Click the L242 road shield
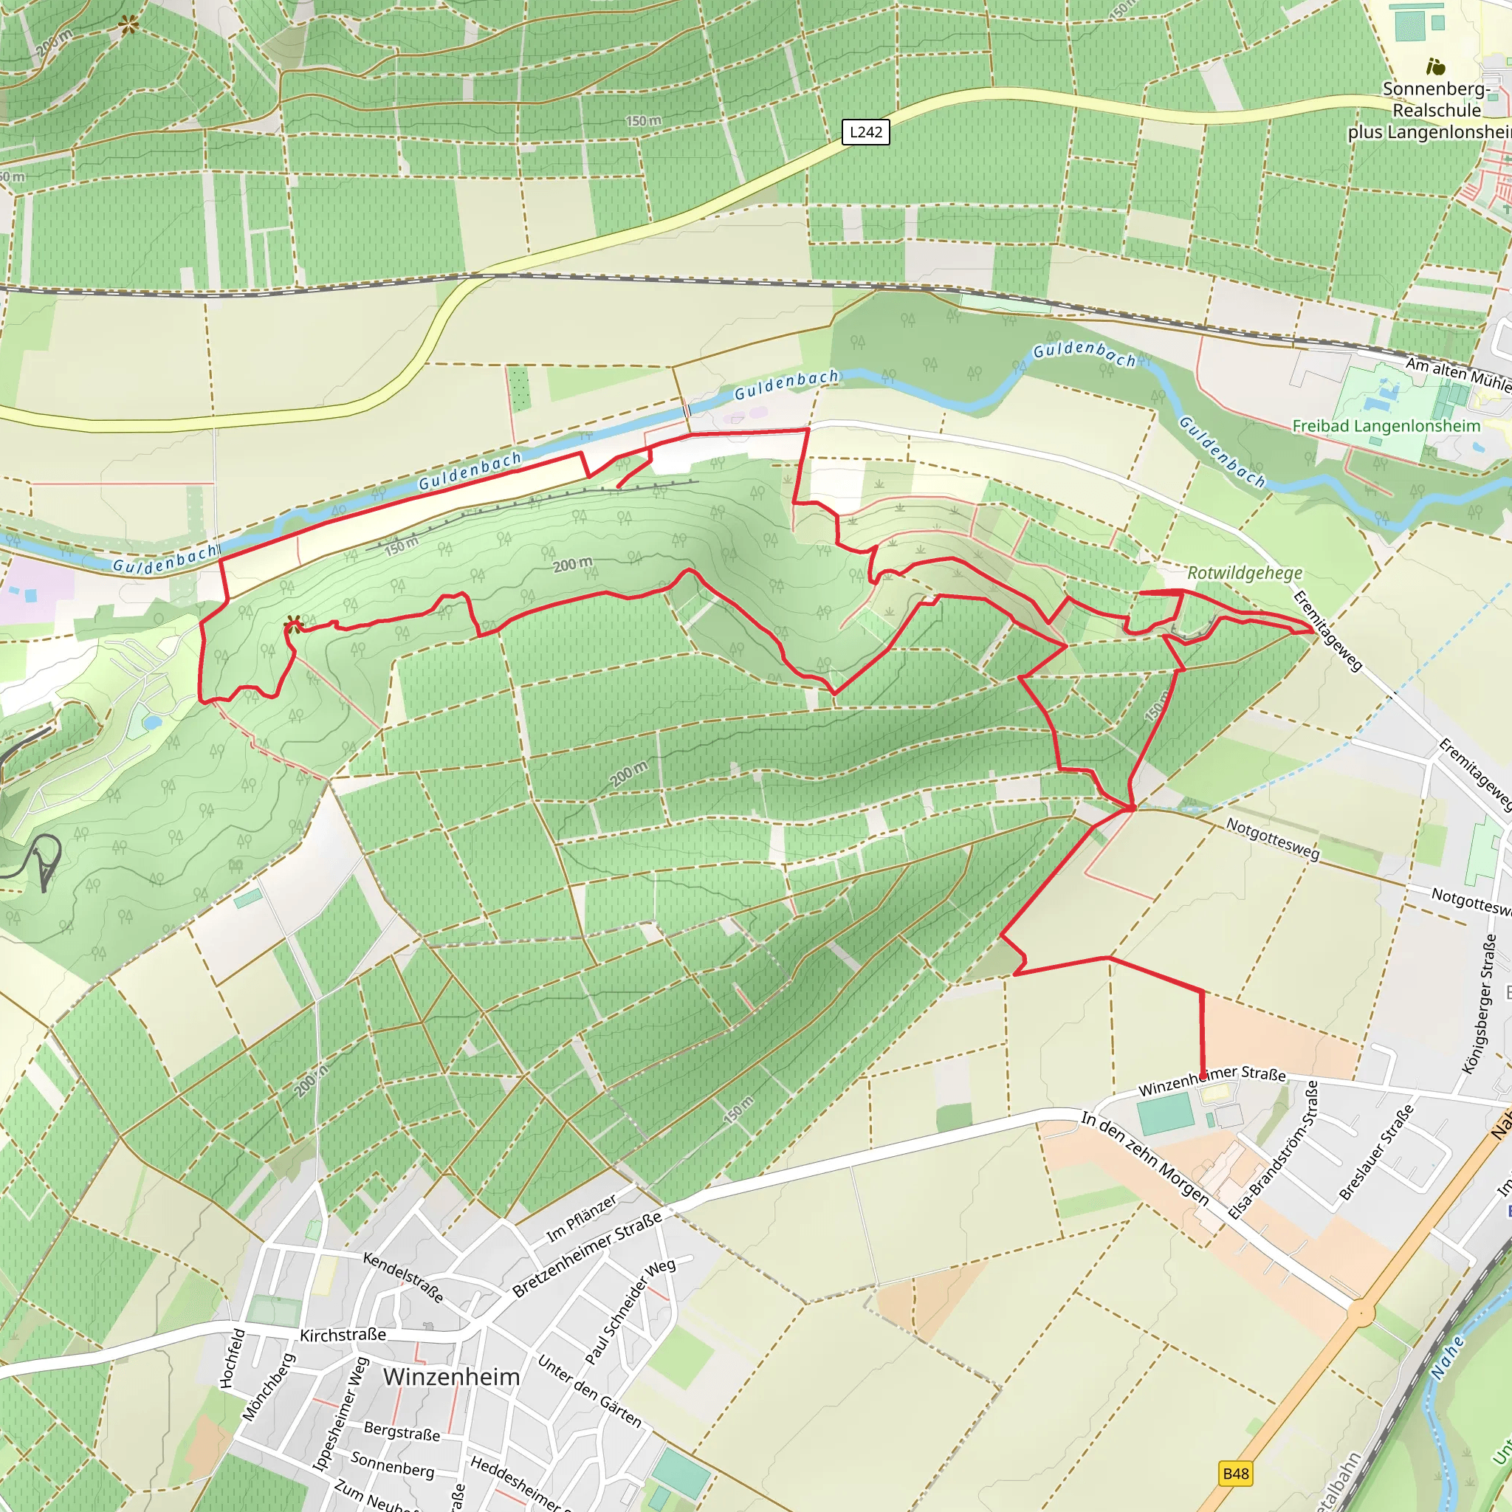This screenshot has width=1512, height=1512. (x=865, y=132)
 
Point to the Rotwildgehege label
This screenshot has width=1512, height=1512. (x=1244, y=573)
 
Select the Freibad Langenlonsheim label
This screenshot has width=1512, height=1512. (x=1386, y=427)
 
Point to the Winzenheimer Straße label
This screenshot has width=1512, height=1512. (x=1212, y=1081)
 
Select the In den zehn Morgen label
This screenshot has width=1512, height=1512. (x=1144, y=1158)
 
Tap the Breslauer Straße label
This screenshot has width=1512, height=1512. (x=1376, y=1152)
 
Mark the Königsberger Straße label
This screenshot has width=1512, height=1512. (x=1479, y=1004)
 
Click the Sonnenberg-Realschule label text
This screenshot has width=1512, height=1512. (x=1437, y=100)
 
